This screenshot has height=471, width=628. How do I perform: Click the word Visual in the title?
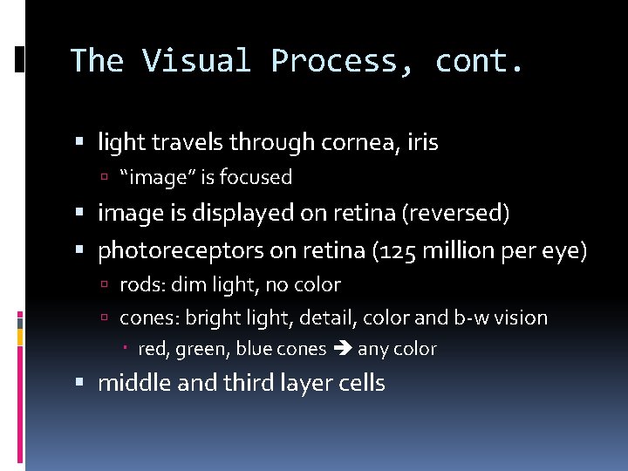[x=196, y=60]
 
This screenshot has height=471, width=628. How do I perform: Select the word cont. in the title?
[x=480, y=60]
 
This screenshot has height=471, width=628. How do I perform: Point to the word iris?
[x=422, y=142]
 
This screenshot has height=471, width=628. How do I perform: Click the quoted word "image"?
[x=158, y=177]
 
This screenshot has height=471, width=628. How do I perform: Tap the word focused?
[x=256, y=177]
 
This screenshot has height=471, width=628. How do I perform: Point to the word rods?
[x=140, y=284]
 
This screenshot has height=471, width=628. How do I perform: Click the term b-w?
[x=472, y=317]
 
